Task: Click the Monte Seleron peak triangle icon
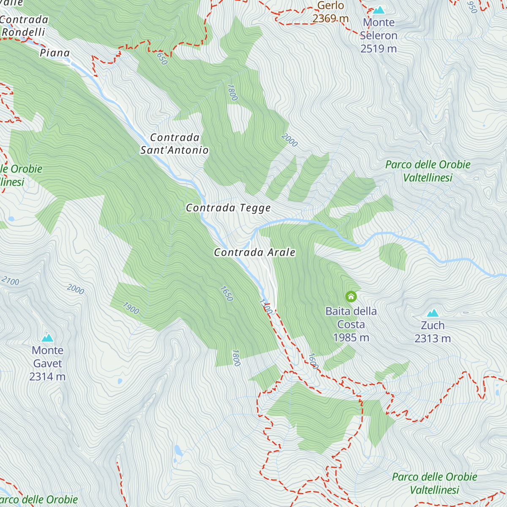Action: pos(379,10)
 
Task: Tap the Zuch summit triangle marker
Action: pos(432,313)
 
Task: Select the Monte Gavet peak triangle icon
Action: pos(47,338)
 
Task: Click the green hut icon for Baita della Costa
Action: pos(351,297)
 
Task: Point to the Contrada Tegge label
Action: pos(228,208)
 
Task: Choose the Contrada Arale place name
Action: pos(254,252)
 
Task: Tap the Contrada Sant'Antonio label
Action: pos(174,144)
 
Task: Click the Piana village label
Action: pos(55,53)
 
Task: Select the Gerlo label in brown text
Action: pos(330,5)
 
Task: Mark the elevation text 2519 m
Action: pos(379,49)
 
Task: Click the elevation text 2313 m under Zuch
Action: pos(432,338)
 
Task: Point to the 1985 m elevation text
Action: pos(351,338)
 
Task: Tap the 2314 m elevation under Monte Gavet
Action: pos(47,376)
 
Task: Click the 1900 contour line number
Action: pos(131,308)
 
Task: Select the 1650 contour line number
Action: pos(226,294)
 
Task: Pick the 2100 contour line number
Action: pos(10,281)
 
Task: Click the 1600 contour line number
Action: pos(313,361)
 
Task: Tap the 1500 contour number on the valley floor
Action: pos(265,306)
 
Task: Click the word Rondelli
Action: pos(24,32)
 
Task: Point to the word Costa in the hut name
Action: pos(351,324)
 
